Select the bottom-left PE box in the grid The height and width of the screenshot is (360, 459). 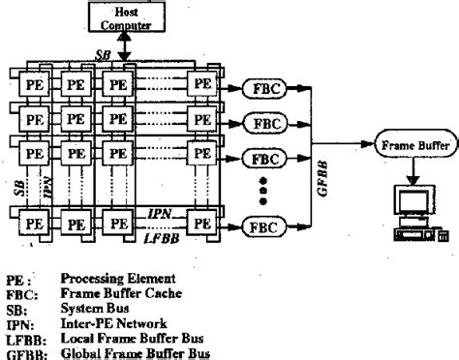pos(35,223)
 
